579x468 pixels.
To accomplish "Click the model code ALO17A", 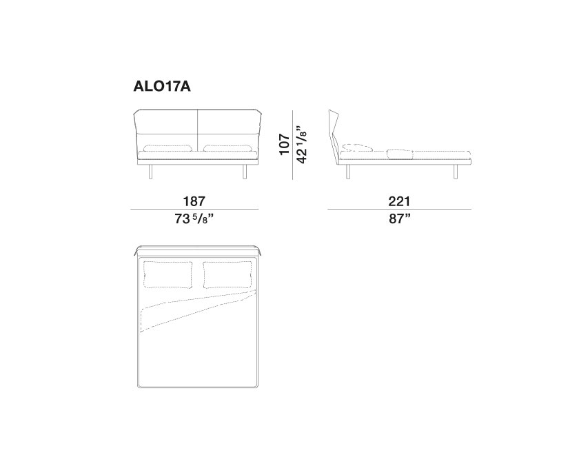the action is click(x=162, y=86).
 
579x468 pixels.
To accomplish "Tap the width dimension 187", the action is click(x=194, y=201).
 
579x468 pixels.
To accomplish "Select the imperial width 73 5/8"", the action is click(x=194, y=219).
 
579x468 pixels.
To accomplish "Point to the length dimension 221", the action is click(x=399, y=201).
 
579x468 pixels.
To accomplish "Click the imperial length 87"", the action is click(x=400, y=218).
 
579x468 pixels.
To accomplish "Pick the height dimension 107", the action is click(x=284, y=144).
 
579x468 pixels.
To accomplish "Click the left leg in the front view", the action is click(x=150, y=172).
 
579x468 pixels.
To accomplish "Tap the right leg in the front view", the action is click(x=245, y=172).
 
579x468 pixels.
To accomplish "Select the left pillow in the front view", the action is click(x=167, y=148).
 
